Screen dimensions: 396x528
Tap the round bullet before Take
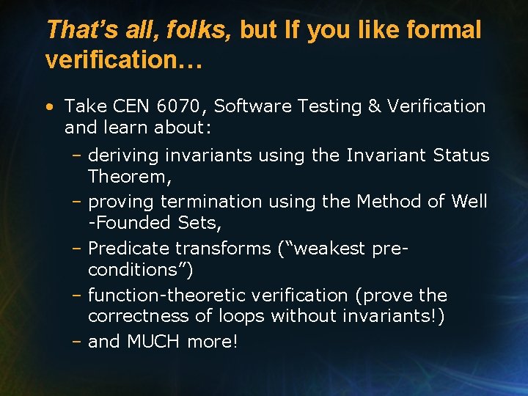(48, 107)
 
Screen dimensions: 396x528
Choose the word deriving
(123, 155)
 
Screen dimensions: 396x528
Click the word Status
(461, 155)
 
